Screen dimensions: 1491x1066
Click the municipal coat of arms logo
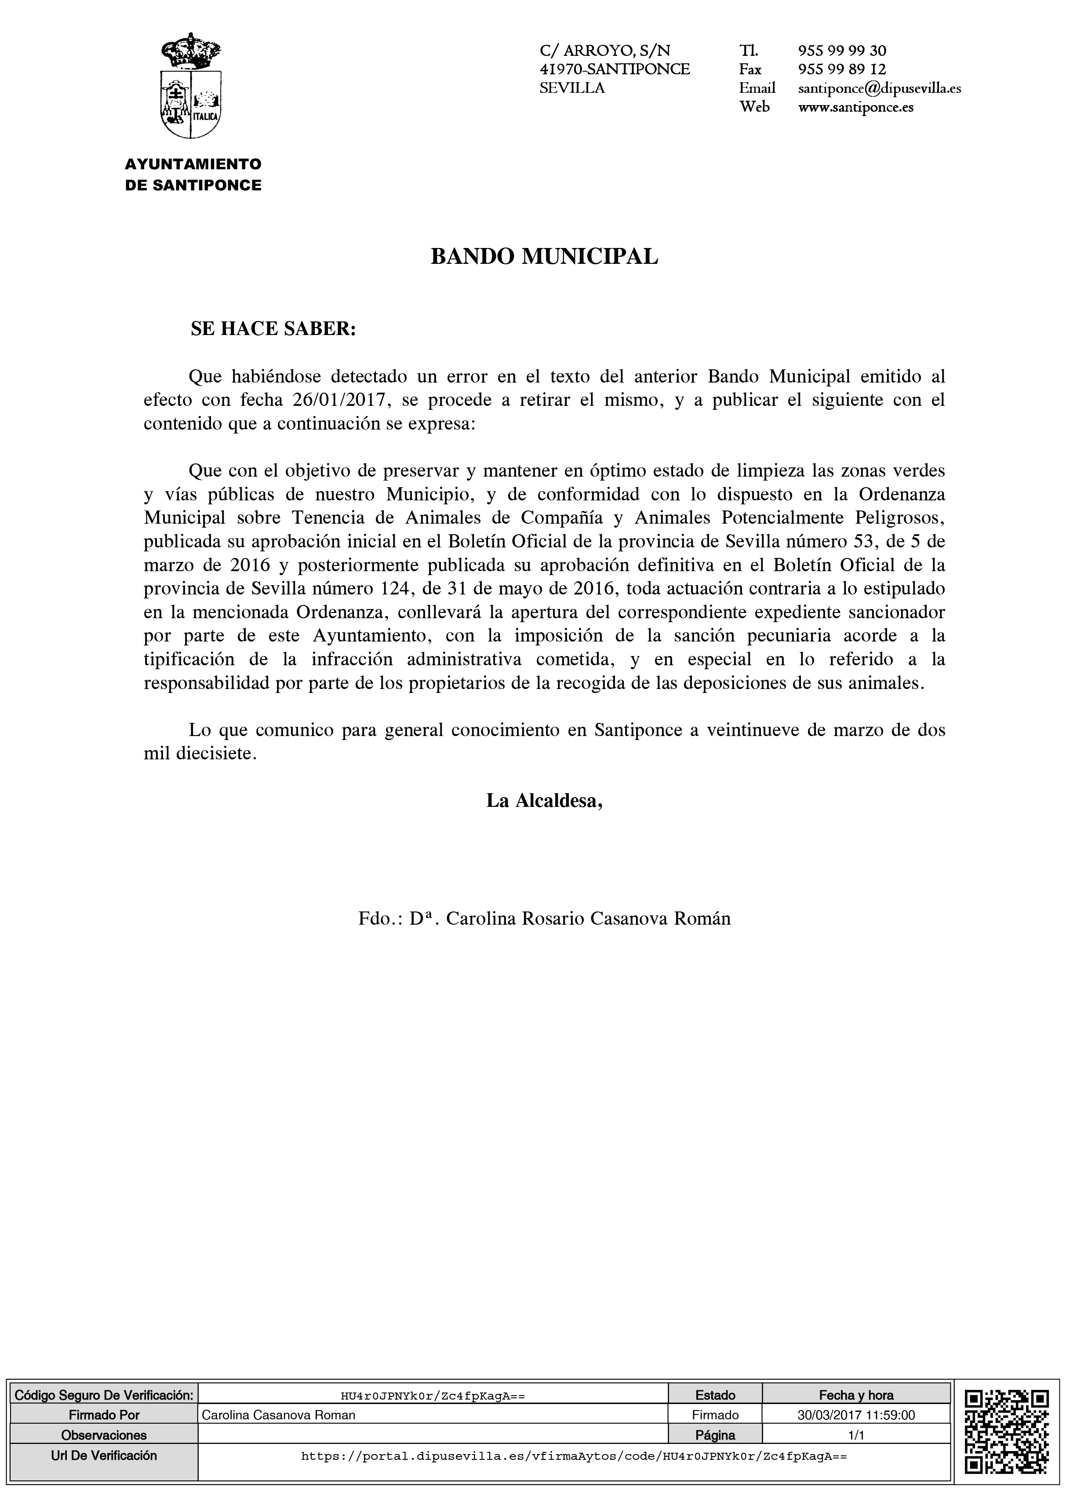pos(192,86)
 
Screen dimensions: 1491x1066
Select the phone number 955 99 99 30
pos(842,51)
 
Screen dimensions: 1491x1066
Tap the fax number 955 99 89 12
pos(842,69)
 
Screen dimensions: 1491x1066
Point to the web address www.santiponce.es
pos(855,107)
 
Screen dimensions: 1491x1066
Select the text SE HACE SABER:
pos(273,329)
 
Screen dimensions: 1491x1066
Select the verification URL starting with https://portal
pos(574,1437)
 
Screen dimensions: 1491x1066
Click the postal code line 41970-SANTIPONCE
pos(615,69)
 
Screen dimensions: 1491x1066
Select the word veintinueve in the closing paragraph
pos(752,730)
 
